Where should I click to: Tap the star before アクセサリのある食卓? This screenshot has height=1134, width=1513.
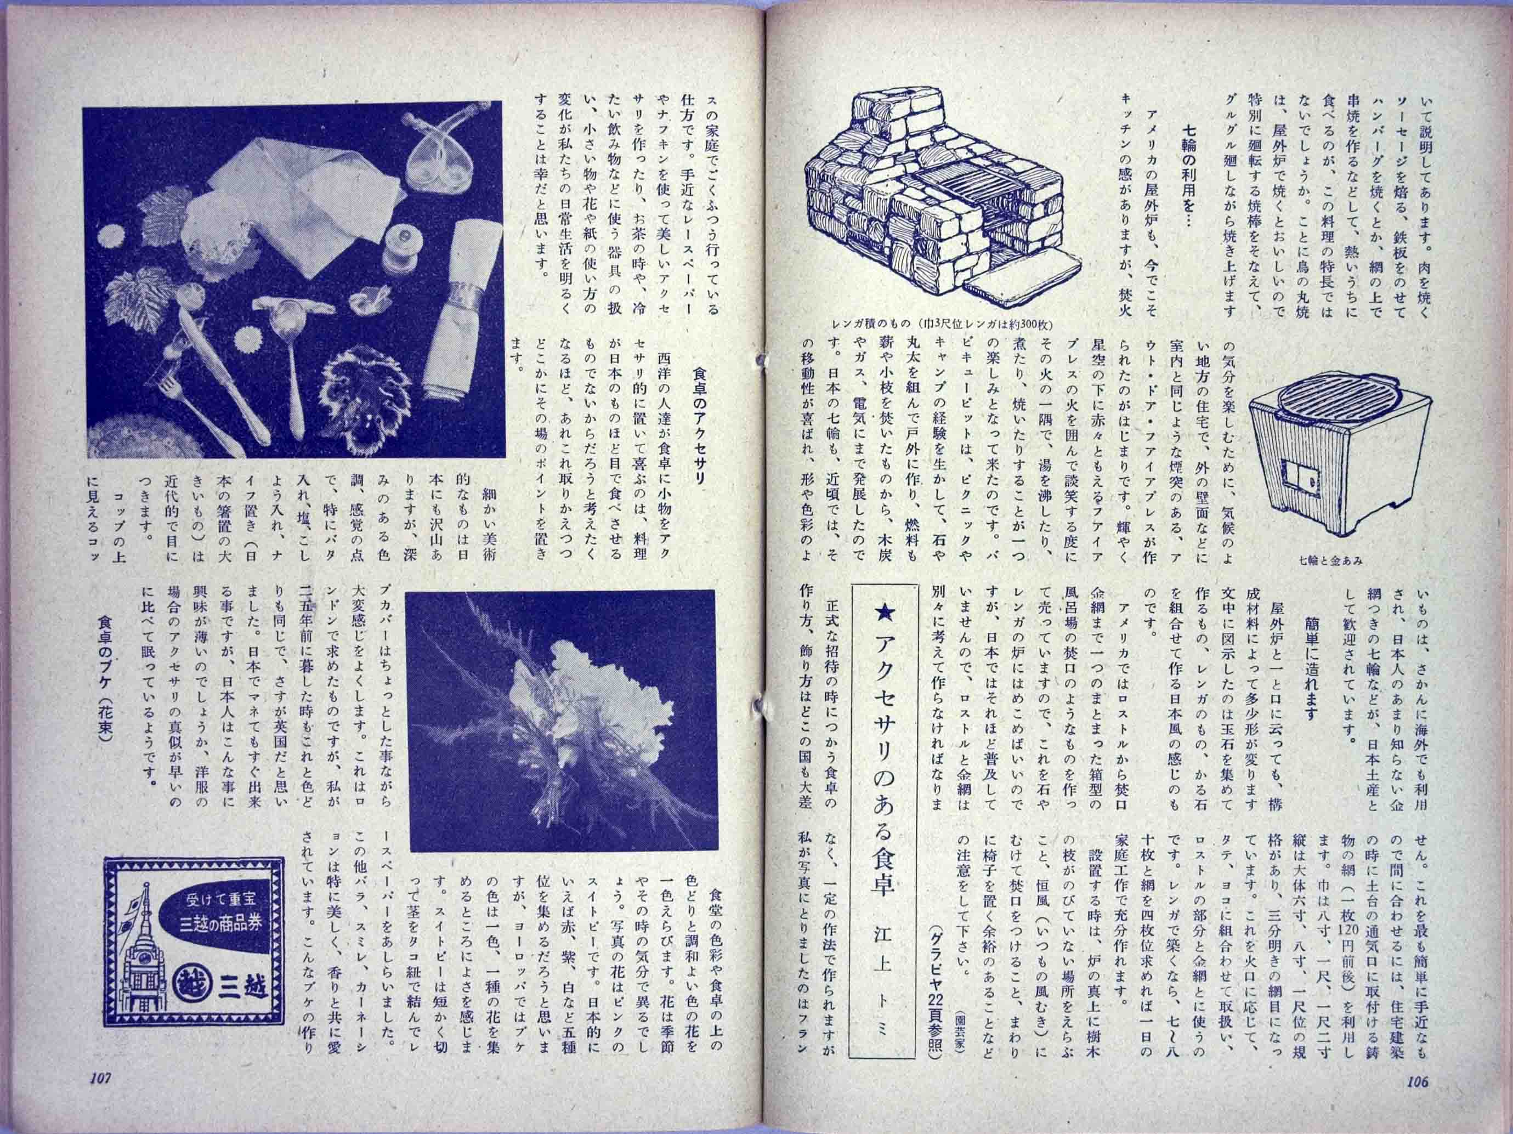click(x=883, y=627)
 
